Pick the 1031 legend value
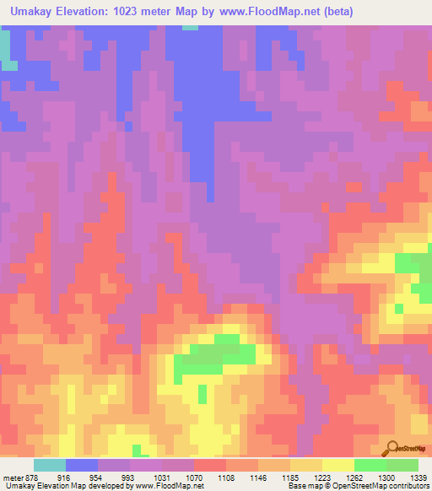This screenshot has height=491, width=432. (160, 477)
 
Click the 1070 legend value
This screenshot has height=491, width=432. (192, 477)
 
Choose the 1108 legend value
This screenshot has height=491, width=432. (224, 477)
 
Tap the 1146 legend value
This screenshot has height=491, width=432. (257, 477)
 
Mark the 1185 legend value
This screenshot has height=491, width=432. (289, 477)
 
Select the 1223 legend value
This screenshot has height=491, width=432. (321, 477)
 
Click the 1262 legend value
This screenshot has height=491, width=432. (354, 477)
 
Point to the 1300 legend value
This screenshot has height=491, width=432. (386, 477)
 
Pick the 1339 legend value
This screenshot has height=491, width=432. (418, 477)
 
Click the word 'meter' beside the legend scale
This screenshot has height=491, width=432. (12, 477)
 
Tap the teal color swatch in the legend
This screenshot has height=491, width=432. (49, 465)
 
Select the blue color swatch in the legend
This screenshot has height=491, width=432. (81, 465)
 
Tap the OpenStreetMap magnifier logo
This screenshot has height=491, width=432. (392, 448)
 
